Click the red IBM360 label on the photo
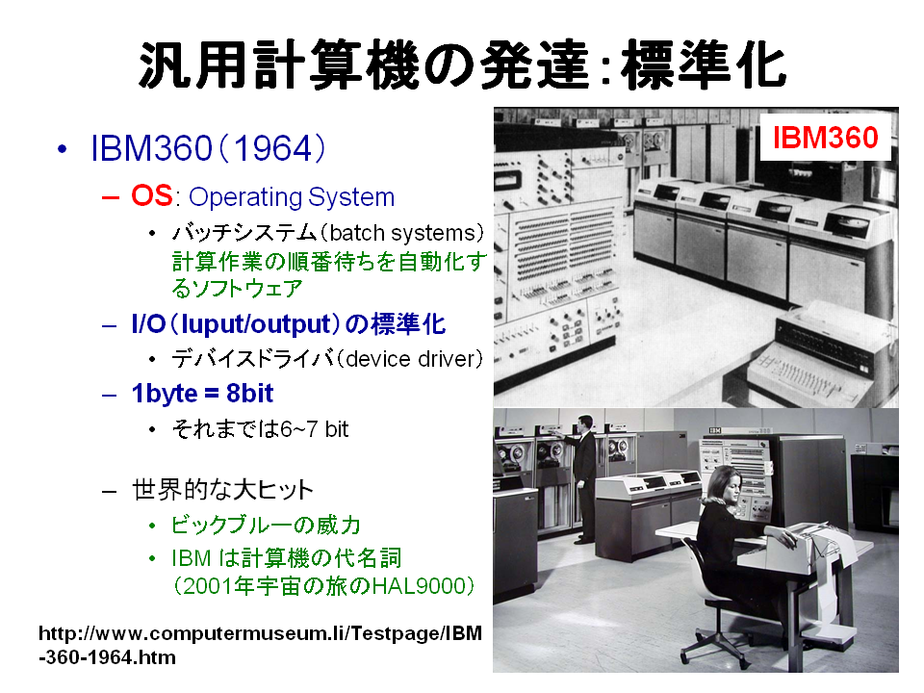click(825, 138)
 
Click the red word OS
click(151, 195)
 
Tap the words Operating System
click(292, 196)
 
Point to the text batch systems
click(402, 233)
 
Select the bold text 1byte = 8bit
click(203, 393)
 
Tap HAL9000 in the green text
click(419, 586)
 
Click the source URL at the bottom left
click(260, 645)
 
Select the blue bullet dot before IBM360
click(62, 149)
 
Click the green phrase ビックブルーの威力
click(266, 525)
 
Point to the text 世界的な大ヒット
click(222, 490)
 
